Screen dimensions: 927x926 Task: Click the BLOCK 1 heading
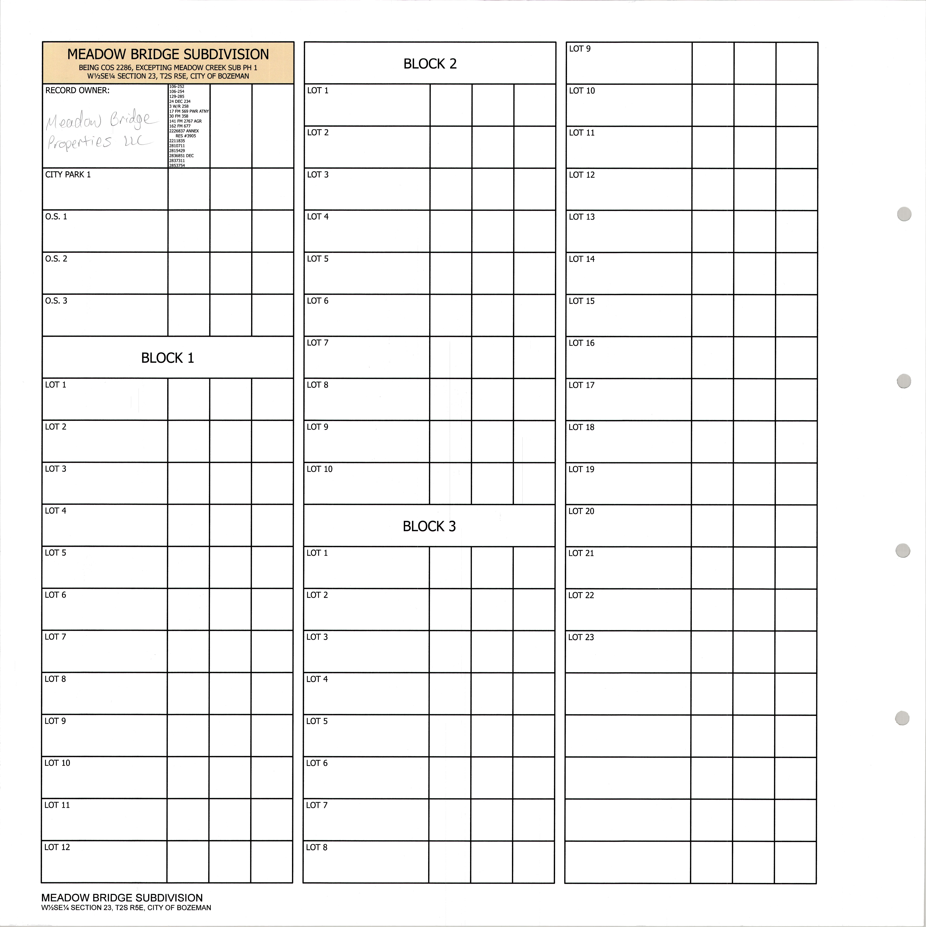tap(167, 358)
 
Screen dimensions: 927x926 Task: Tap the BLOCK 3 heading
tap(429, 526)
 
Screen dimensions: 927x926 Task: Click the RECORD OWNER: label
tap(77, 90)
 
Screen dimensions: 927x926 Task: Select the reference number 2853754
tap(177, 166)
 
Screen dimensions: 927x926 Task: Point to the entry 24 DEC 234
tap(180, 101)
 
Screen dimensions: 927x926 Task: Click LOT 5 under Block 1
tap(56, 553)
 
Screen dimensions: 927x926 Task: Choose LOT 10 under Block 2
tap(319, 469)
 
